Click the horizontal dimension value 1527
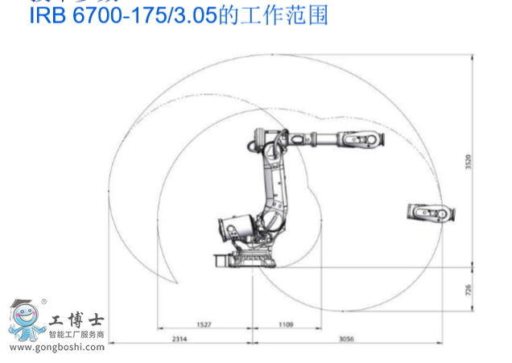pyautogui.click(x=204, y=325)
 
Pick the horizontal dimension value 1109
pyautogui.click(x=286, y=325)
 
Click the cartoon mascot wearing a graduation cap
pyautogui.click(x=27, y=322)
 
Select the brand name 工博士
pyautogui.click(x=72, y=320)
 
